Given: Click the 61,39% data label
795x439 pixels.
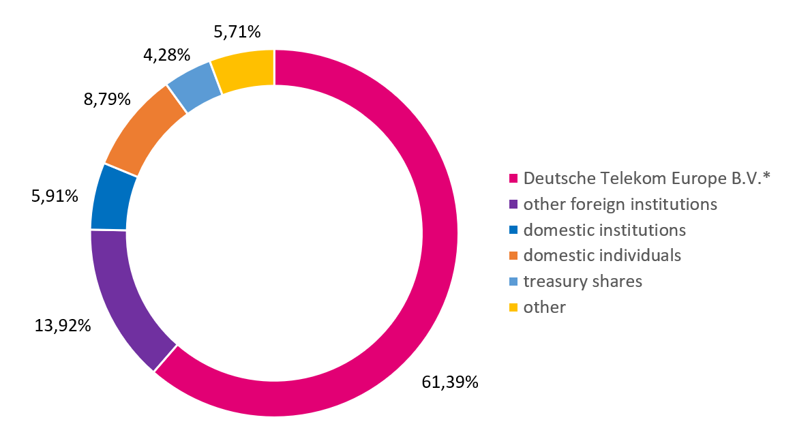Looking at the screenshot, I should click(x=449, y=382).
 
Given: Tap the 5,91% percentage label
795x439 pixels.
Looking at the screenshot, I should click(x=55, y=196).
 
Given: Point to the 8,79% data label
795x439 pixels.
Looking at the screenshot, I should click(x=107, y=100).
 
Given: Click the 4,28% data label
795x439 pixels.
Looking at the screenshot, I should click(x=166, y=54).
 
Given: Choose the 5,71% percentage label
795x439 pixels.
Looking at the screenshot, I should click(x=237, y=31).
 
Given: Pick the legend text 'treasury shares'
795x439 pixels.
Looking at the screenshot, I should click(x=582, y=282).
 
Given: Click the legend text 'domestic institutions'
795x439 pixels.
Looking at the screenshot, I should click(x=604, y=230).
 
